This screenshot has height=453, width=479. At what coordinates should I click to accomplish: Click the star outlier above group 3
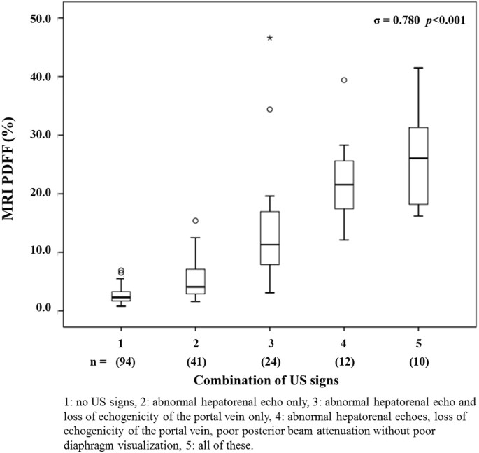[270, 38]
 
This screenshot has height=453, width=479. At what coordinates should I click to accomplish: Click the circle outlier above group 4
[344, 80]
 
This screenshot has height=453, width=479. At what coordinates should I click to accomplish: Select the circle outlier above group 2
[196, 221]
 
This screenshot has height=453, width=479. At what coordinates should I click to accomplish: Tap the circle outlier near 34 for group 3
[270, 110]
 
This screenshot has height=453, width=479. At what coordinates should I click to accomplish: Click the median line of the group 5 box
[418, 159]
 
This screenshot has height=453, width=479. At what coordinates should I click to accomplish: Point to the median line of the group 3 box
[270, 245]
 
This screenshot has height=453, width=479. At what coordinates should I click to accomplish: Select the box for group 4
[344, 185]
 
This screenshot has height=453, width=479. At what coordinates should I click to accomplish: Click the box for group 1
[121, 296]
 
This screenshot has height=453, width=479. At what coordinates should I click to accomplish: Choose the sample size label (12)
[344, 361]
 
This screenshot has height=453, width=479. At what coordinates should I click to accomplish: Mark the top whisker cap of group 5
[418, 68]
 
